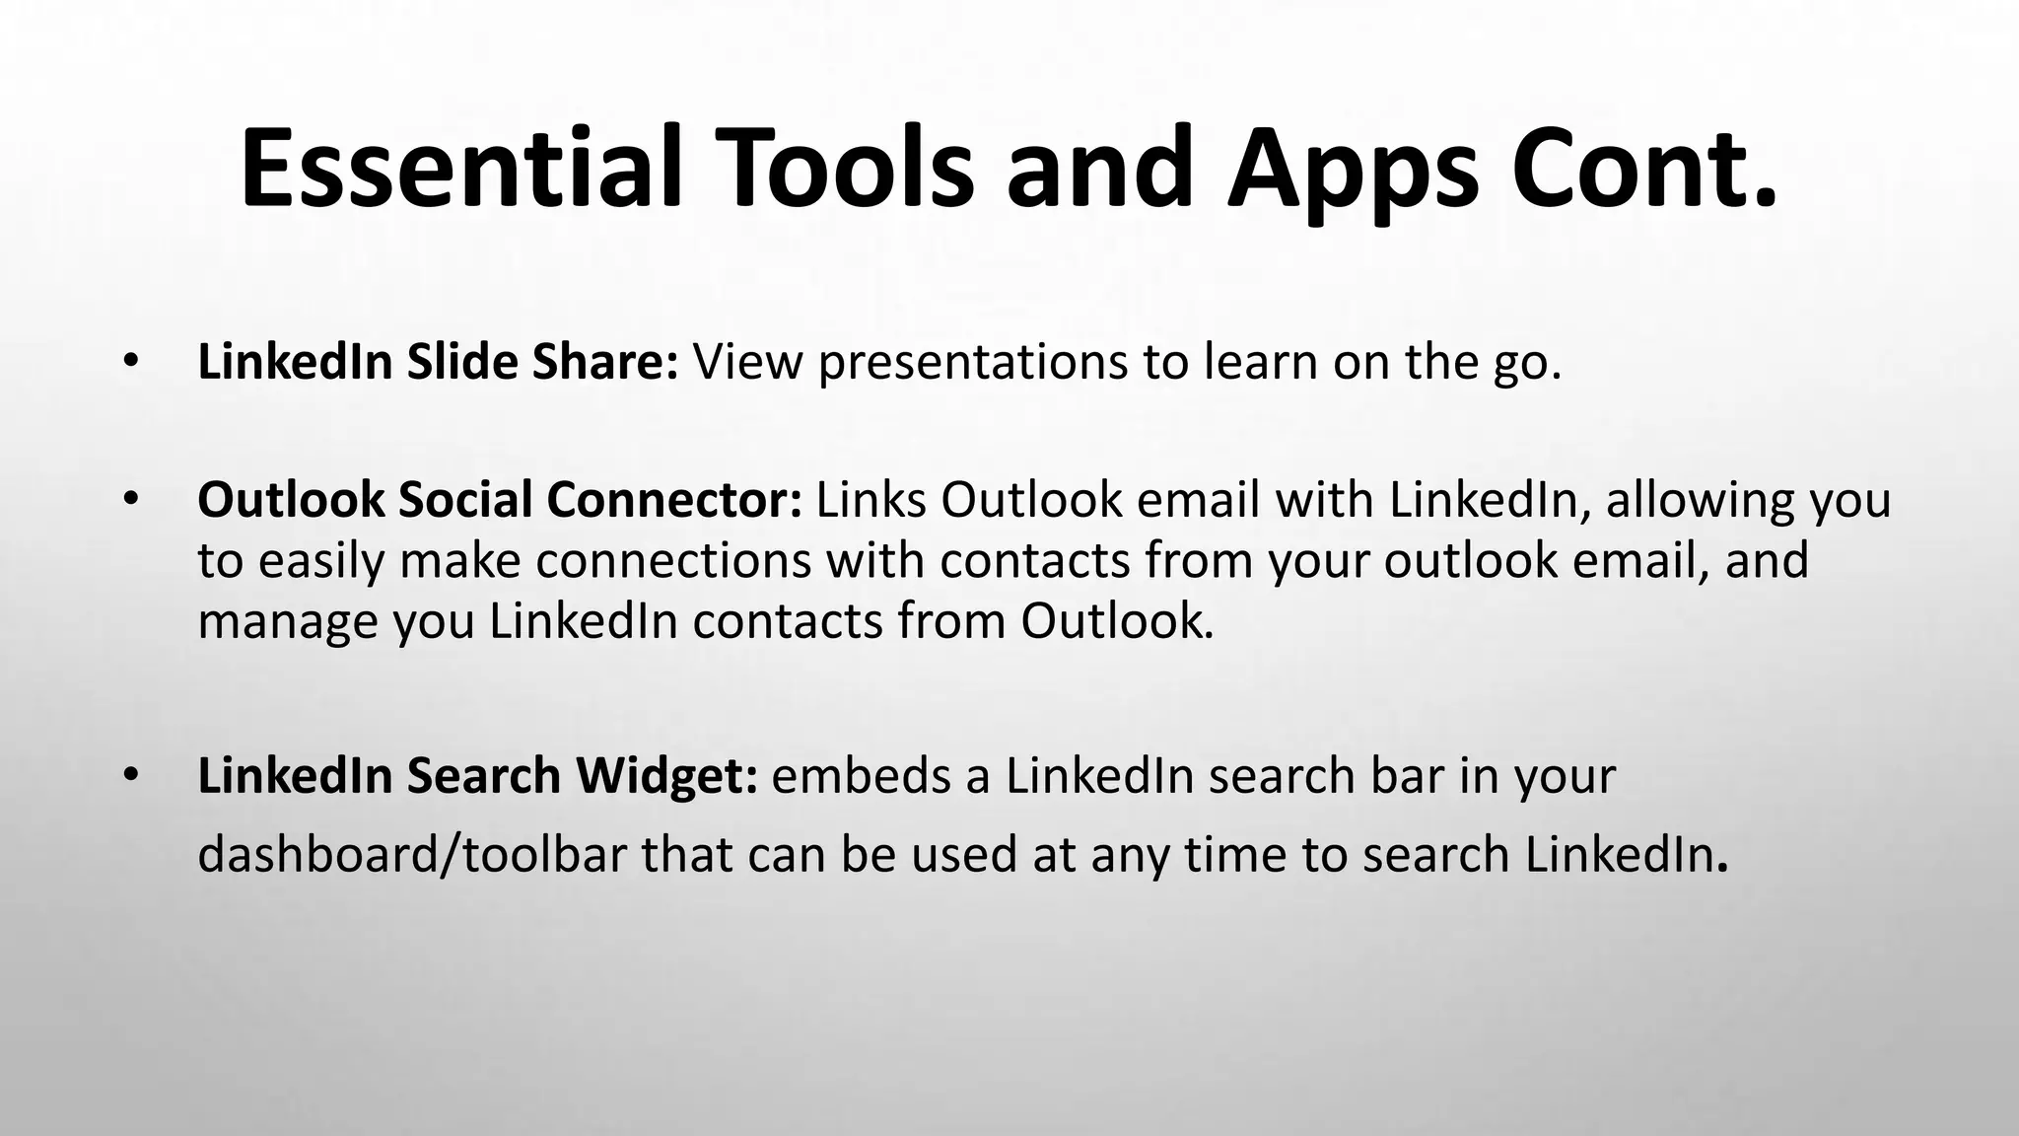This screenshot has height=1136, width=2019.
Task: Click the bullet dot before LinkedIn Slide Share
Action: click(x=130, y=363)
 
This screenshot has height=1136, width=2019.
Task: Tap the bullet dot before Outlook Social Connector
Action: click(x=130, y=500)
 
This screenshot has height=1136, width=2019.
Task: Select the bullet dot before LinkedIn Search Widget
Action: click(x=130, y=776)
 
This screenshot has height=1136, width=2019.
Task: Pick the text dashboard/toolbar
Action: click(x=412, y=855)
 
